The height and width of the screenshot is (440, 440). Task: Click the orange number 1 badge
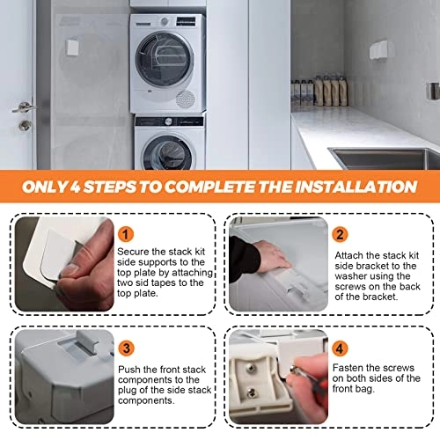[x=126, y=234]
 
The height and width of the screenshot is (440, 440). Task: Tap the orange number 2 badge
[x=340, y=234]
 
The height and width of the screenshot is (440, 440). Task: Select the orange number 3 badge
[x=126, y=348]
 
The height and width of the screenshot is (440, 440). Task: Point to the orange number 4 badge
[x=340, y=348]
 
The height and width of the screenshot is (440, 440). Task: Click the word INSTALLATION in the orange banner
[x=356, y=187]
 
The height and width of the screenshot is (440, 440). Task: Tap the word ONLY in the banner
[x=45, y=187]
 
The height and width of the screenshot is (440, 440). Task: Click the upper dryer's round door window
[x=165, y=60]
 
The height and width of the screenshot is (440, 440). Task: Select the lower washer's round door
[x=168, y=153]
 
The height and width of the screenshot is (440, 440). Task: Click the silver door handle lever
[x=23, y=107]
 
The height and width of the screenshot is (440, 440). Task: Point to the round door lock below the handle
[x=25, y=126]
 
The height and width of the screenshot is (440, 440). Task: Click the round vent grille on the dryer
[x=185, y=99]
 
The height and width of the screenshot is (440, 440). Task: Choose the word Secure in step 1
[x=133, y=252]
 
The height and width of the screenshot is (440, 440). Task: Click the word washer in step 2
[x=351, y=276]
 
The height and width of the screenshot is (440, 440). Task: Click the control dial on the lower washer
[x=168, y=121]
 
